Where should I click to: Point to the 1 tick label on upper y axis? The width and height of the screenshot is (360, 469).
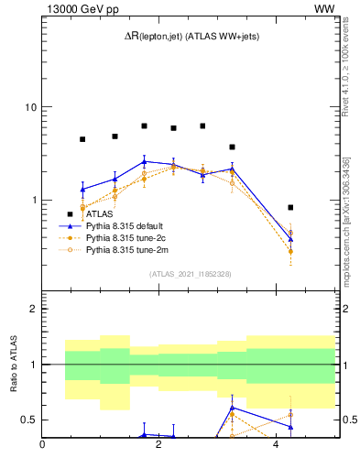coord(33,200)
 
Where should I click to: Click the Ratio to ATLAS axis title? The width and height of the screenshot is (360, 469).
coord(13,365)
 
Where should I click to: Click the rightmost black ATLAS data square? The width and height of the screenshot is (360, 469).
coord(290,207)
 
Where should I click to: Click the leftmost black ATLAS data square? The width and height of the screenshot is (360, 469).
coord(82,139)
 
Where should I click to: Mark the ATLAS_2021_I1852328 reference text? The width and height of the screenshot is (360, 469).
coord(191,274)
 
